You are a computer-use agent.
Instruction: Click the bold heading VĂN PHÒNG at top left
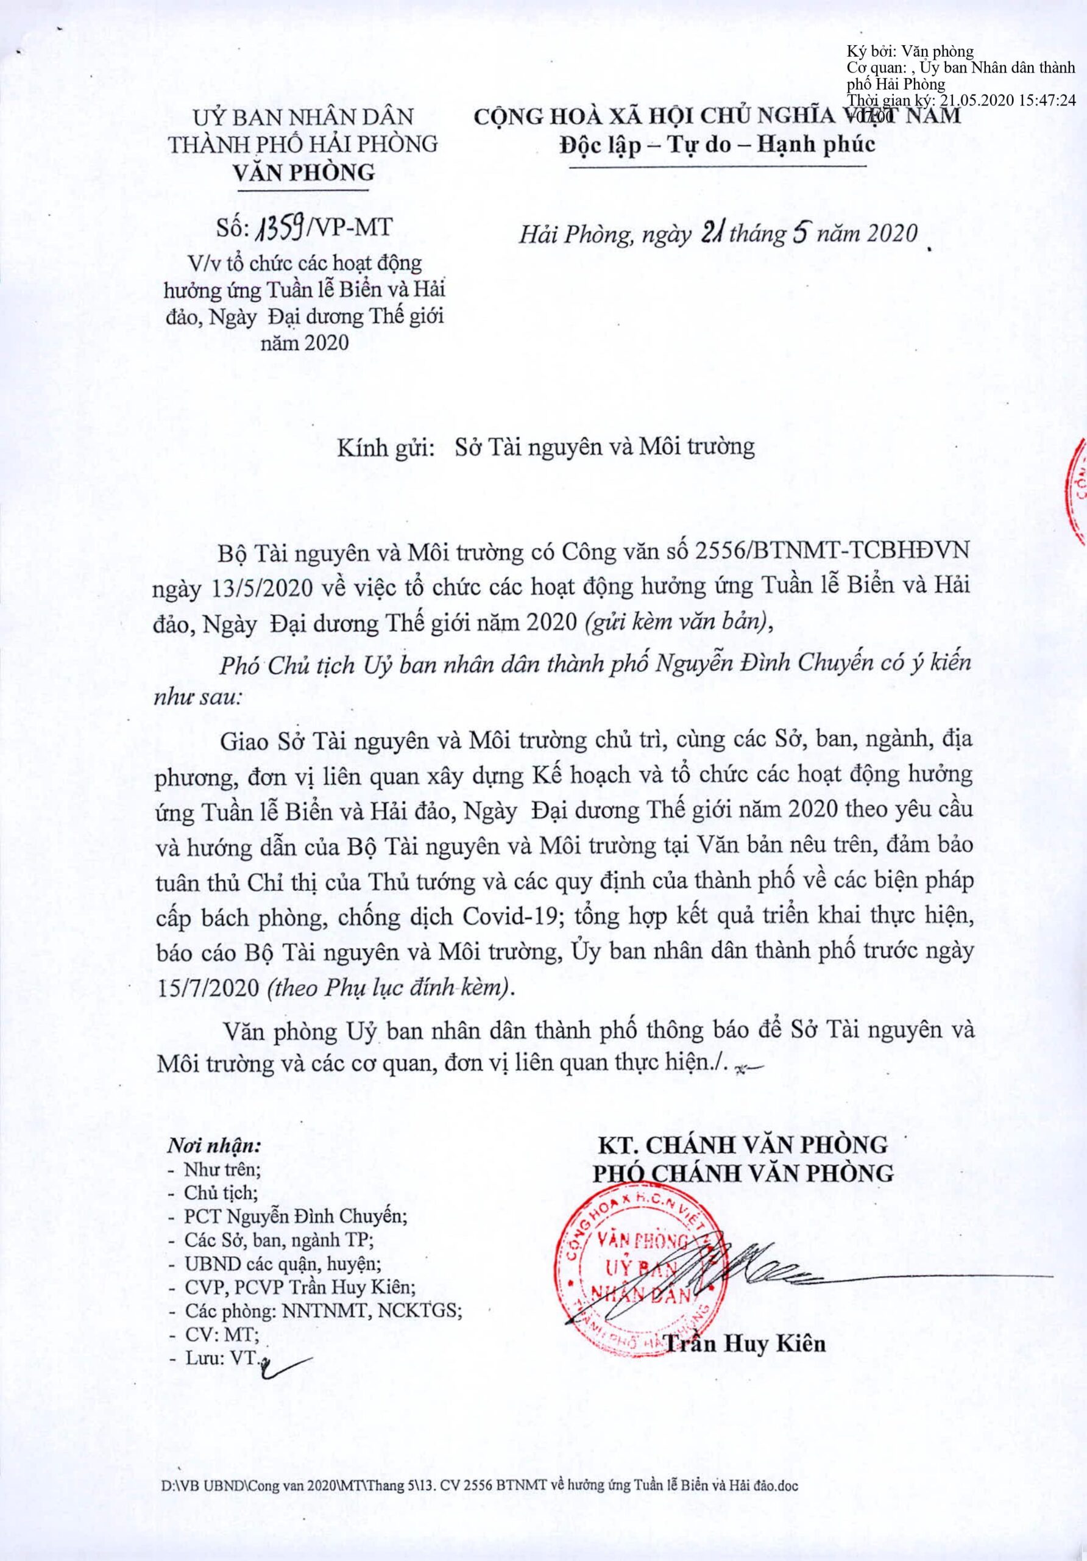click(303, 173)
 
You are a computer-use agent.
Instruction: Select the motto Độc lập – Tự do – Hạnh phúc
click(717, 145)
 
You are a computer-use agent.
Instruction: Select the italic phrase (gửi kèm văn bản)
click(678, 623)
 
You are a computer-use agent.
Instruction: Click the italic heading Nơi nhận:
click(214, 1145)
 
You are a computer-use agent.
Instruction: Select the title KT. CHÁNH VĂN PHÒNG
click(743, 1145)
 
